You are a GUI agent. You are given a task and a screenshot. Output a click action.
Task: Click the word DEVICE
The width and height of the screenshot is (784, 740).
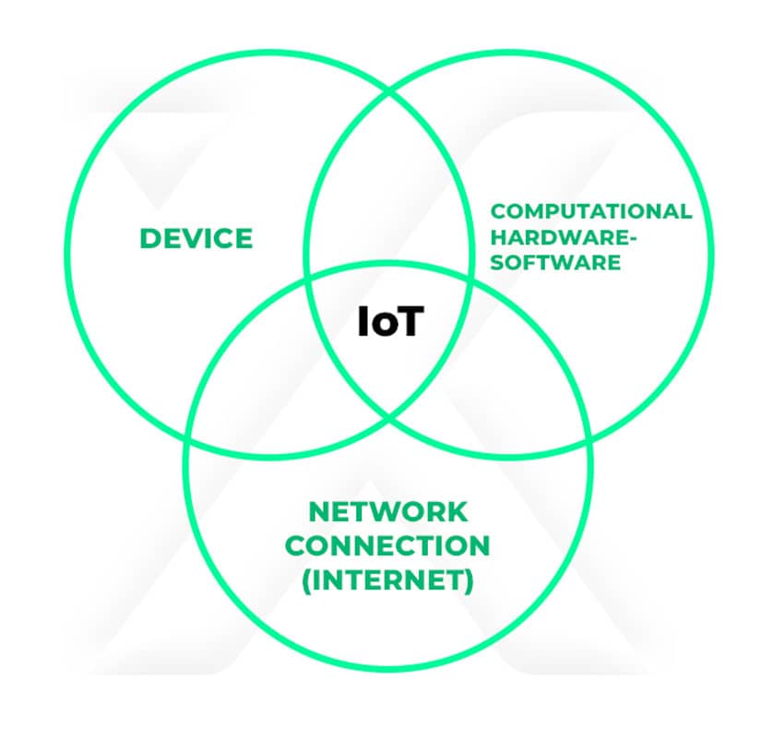pyautogui.click(x=196, y=238)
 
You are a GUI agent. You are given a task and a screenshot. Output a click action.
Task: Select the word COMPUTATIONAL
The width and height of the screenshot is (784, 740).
pyautogui.click(x=590, y=211)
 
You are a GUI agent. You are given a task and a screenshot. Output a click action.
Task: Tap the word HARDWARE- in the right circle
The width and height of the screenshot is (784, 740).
pyautogui.click(x=564, y=237)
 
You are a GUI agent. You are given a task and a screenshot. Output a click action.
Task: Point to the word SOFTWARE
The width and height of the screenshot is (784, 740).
pyautogui.click(x=555, y=262)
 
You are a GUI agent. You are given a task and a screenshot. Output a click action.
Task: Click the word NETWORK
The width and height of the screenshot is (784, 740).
pyautogui.click(x=388, y=510)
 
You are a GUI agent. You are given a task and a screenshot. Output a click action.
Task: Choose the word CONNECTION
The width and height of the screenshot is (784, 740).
pyautogui.click(x=387, y=545)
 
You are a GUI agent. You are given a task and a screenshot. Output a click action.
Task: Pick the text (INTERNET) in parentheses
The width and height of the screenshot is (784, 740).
pyautogui.click(x=388, y=581)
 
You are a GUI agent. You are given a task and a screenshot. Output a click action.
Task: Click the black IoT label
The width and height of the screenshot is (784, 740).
pyautogui.click(x=389, y=322)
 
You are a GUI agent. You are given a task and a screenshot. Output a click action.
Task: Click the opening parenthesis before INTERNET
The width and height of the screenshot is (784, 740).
pyautogui.click(x=307, y=582)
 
